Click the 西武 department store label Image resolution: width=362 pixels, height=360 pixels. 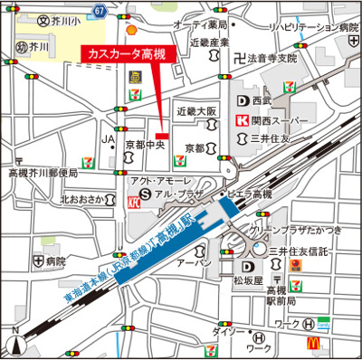pyautogui.click(x=262, y=101)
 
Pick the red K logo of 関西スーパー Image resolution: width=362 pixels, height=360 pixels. pyautogui.click(x=242, y=119)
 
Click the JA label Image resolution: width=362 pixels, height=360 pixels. pyautogui.click(x=108, y=139)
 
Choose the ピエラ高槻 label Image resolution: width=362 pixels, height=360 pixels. pyautogui.click(x=250, y=194)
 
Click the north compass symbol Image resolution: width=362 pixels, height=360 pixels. pyautogui.click(x=15, y=345)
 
